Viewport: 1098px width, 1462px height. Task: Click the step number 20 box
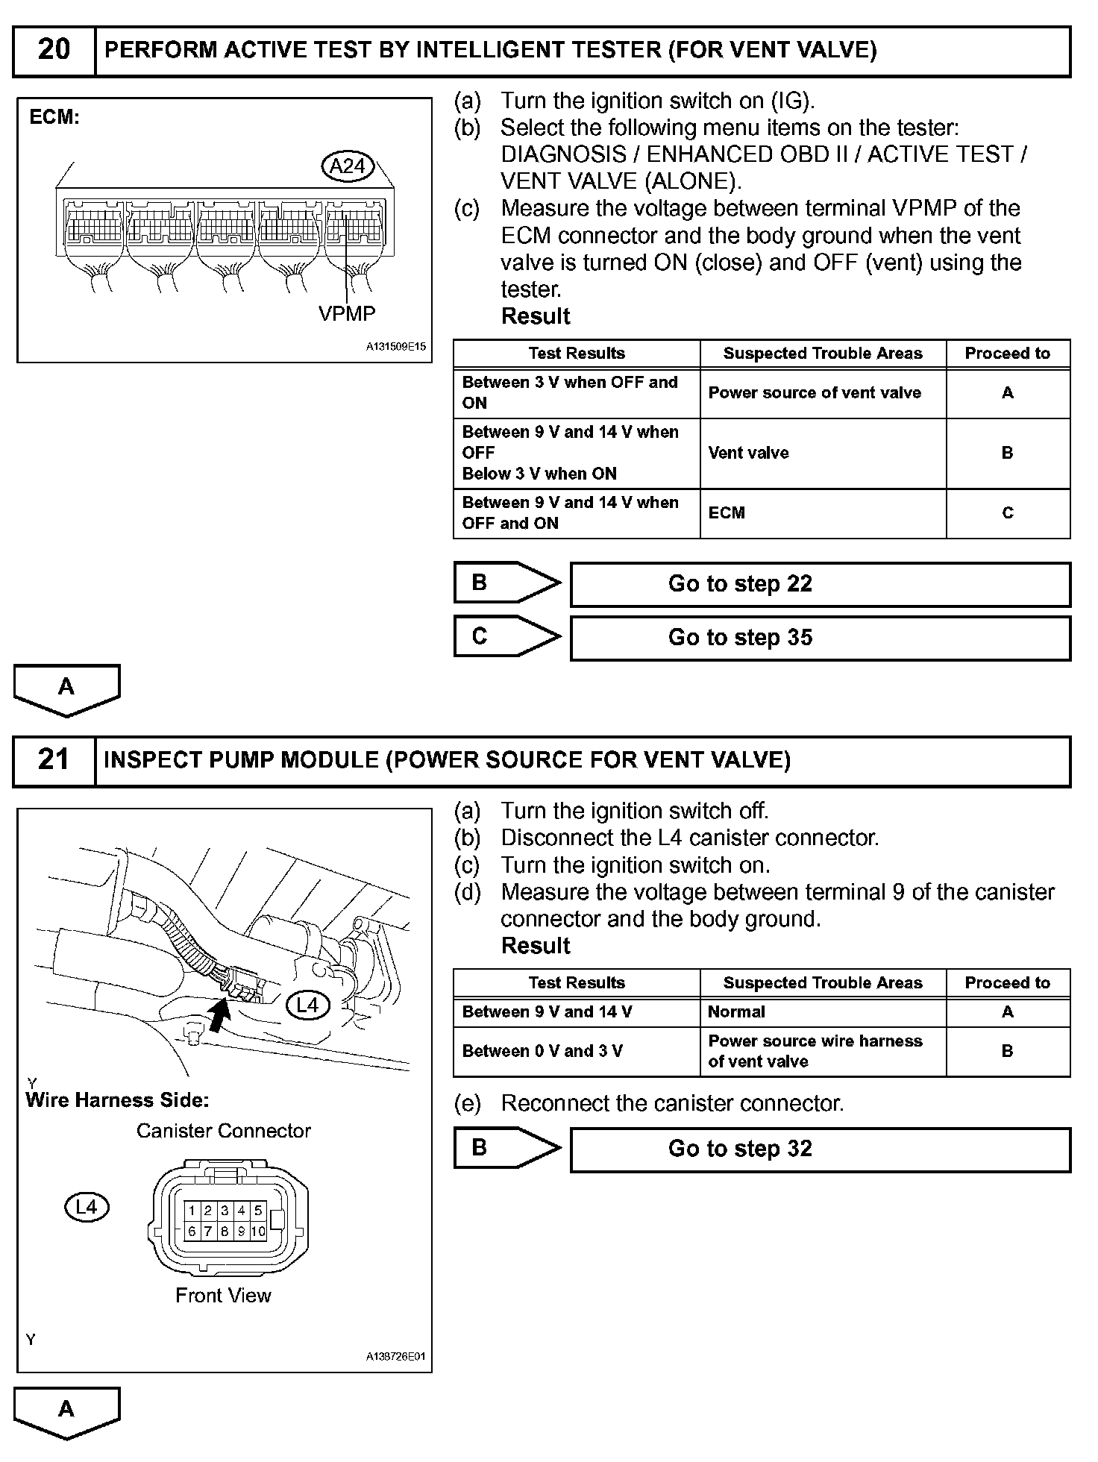pos(54,50)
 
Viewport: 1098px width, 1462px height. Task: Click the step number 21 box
pos(54,760)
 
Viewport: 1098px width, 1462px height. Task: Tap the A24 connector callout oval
pos(347,166)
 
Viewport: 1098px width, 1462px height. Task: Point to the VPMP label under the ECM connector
pos(347,314)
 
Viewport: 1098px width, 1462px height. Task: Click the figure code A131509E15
pos(395,347)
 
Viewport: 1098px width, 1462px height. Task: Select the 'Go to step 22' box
pos(820,584)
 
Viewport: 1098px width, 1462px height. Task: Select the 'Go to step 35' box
pos(820,638)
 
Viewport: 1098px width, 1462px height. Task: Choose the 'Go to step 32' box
pos(820,1149)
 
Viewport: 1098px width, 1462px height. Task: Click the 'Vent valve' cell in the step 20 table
pos(749,453)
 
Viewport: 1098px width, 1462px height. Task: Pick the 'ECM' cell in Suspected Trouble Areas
pos(727,513)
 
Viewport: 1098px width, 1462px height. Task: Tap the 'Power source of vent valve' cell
pos(815,393)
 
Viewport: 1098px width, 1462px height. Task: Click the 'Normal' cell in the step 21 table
pos(736,1012)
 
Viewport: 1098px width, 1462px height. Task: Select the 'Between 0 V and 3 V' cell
pos(542,1051)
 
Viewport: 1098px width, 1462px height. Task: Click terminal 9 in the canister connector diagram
pos(241,1232)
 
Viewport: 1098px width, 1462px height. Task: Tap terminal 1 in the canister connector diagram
pos(192,1211)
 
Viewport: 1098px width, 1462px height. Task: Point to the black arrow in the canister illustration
pos(219,1015)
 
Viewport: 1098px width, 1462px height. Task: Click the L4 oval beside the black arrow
pos(308,1005)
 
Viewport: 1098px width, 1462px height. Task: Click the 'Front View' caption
pos(223,1296)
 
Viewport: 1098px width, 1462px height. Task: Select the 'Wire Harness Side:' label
pos(117,1100)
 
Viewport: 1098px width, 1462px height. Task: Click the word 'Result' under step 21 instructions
pos(536,946)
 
